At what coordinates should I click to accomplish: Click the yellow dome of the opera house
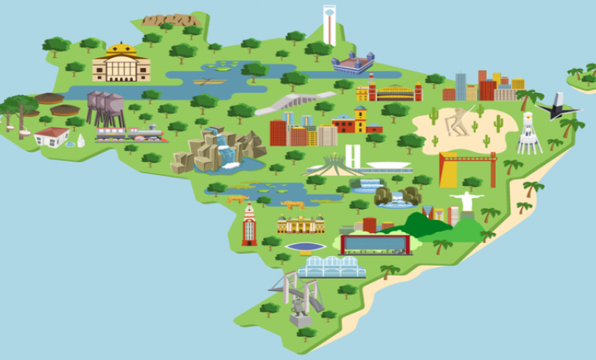coord(121,50)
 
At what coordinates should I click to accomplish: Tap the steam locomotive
coord(132,134)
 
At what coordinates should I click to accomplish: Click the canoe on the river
coord(209,80)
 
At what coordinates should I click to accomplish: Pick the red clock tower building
coord(248,225)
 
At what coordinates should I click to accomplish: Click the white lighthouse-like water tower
coord(529,134)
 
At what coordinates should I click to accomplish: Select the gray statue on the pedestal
coord(299,310)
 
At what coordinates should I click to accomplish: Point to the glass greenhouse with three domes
coord(332,266)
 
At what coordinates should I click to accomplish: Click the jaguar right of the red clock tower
coord(293,205)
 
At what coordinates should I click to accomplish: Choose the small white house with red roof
coord(52,137)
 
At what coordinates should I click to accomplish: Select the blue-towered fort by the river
coord(352,63)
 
